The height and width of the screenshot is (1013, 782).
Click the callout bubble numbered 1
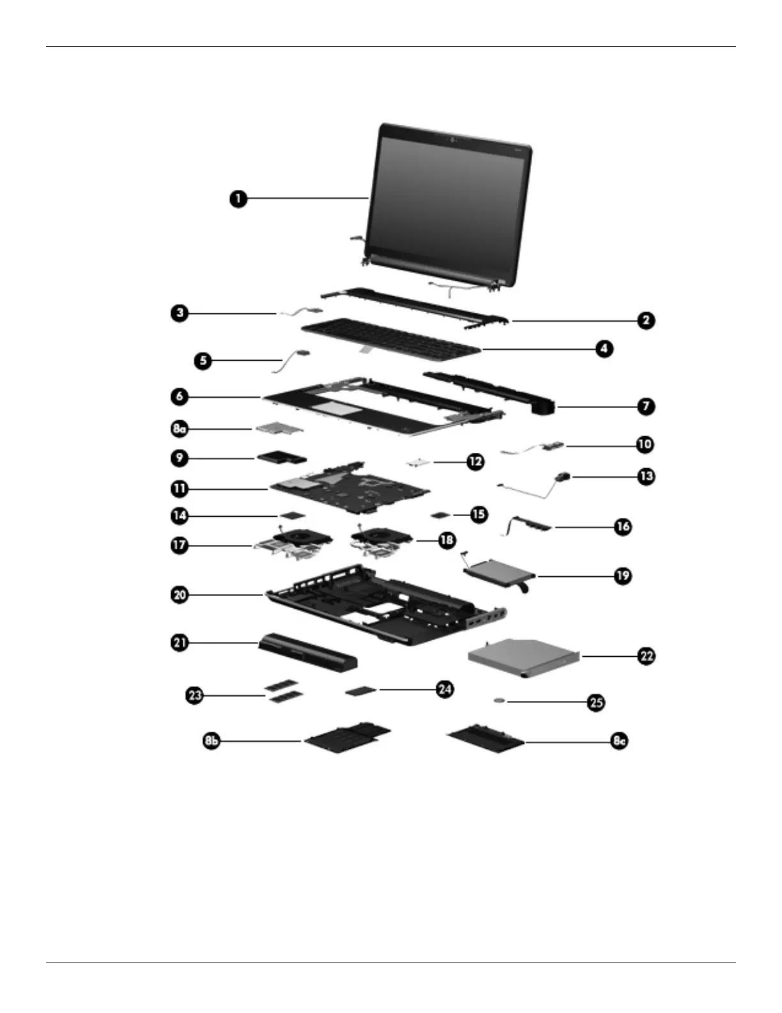pyautogui.click(x=238, y=198)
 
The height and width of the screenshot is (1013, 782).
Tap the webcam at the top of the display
pyautogui.click(x=451, y=141)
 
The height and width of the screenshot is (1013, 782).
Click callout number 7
pyautogui.click(x=645, y=406)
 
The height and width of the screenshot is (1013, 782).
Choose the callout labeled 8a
pyautogui.click(x=180, y=428)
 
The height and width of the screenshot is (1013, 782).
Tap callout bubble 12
pyautogui.click(x=475, y=461)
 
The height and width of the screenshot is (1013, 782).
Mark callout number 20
pyautogui.click(x=180, y=595)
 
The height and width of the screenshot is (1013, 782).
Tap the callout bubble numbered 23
pyautogui.click(x=195, y=695)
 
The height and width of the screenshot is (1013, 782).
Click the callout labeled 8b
pyautogui.click(x=211, y=741)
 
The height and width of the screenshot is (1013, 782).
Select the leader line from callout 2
pyautogui.click(x=575, y=321)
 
